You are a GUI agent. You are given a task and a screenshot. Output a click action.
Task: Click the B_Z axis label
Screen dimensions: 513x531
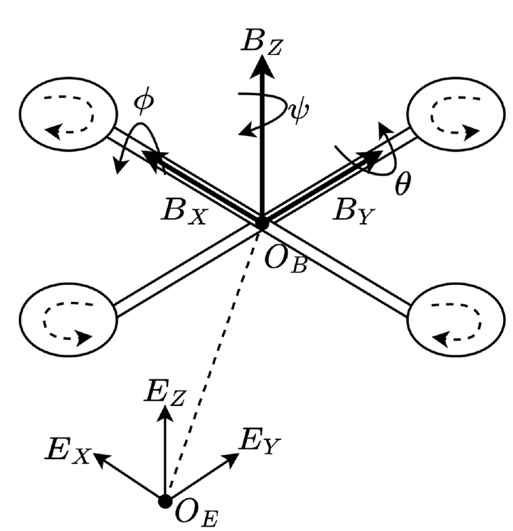click(x=260, y=43)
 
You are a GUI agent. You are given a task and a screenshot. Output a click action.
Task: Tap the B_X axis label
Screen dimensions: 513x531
click(x=184, y=214)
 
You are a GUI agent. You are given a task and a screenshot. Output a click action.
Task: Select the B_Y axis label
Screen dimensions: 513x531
click(x=354, y=214)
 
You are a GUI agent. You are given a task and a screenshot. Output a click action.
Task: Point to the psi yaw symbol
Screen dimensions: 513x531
click(x=298, y=112)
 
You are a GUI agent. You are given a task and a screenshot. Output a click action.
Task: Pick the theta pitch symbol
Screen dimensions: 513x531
click(x=403, y=183)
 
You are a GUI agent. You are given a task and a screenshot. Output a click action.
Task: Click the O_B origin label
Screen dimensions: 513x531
click(x=285, y=261)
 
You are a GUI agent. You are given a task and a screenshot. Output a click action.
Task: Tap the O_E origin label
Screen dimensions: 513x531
click(x=196, y=515)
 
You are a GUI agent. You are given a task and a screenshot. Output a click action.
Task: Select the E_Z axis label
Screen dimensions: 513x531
click(x=165, y=393)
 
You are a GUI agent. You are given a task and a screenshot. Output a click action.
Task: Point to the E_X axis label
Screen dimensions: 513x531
click(x=68, y=452)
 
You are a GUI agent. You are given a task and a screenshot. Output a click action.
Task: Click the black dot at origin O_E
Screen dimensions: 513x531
click(x=165, y=501)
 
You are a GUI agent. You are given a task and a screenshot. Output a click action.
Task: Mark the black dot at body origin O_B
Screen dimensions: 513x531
click(x=261, y=223)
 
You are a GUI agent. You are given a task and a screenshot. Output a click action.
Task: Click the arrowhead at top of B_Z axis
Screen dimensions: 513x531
click(x=262, y=67)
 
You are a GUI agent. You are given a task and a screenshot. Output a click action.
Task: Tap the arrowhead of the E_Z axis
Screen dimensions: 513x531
click(x=165, y=414)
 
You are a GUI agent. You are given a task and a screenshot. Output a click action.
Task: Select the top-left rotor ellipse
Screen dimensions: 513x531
click(x=68, y=114)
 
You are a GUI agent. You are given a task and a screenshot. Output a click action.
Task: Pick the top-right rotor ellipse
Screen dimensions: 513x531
click(x=455, y=114)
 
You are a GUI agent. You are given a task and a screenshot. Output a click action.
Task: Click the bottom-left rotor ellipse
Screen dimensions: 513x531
click(x=68, y=319)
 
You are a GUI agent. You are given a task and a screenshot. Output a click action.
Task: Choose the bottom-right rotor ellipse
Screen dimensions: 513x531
click(x=455, y=319)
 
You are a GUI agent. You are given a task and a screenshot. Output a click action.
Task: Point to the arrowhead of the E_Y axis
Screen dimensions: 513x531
click(x=231, y=460)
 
